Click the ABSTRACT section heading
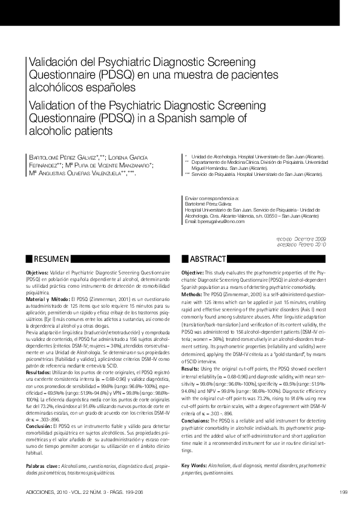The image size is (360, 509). (208, 259)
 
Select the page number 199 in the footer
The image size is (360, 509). (343, 490)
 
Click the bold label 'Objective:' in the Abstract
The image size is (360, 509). (192, 274)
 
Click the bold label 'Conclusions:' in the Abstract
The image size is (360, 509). (195, 420)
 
